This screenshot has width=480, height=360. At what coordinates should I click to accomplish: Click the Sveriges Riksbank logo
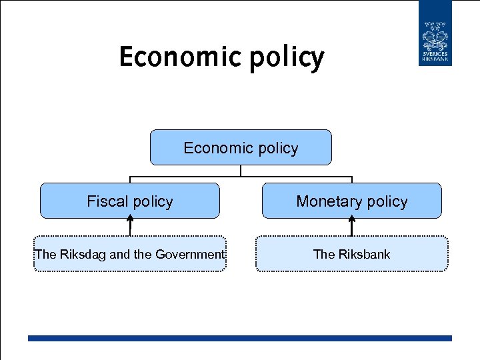(x=435, y=33)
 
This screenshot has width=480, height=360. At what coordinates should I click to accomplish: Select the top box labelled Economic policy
(x=241, y=147)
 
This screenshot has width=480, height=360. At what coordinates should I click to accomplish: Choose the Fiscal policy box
(x=130, y=201)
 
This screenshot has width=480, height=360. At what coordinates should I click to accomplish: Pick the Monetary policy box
(x=351, y=201)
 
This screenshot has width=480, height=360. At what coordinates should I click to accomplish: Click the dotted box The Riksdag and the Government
(x=130, y=254)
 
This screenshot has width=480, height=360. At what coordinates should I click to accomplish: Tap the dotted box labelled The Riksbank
(x=351, y=254)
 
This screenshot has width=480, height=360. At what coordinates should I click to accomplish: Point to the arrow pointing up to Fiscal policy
(x=130, y=227)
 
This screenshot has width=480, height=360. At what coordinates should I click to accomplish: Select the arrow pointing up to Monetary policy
(x=351, y=227)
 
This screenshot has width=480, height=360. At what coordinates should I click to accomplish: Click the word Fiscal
(x=107, y=201)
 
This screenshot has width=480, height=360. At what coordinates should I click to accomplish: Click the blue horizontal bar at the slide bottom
(x=240, y=338)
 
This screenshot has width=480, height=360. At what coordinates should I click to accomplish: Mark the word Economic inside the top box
(x=214, y=148)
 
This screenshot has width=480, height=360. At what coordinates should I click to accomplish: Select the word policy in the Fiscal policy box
(x=153, y=202)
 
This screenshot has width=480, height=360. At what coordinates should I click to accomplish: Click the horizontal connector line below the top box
(x=241, y=177)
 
